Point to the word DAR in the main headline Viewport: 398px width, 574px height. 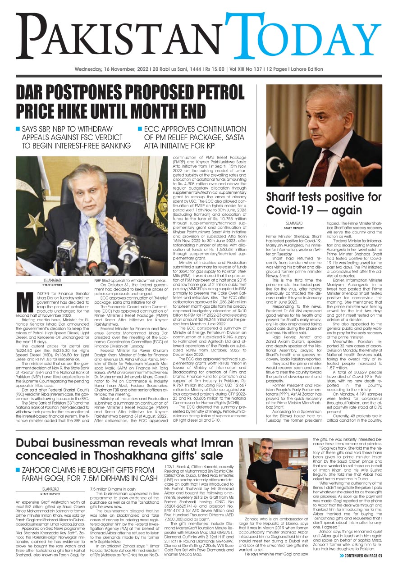coord(32,94)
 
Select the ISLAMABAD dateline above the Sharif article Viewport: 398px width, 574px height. coord(294,223)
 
